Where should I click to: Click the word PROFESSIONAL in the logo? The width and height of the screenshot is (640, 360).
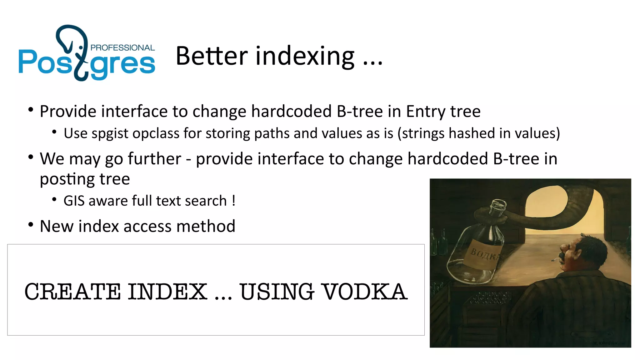point(122,48)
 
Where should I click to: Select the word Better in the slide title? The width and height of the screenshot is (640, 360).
point(212,56)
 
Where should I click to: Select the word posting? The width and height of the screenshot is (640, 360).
point(67,180)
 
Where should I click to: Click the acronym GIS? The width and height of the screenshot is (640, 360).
point(74,201)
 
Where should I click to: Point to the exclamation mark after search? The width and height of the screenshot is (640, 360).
point(234,200)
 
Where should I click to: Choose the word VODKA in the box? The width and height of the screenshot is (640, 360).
point(364,292)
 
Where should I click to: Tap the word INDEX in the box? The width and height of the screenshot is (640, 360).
point(167,292)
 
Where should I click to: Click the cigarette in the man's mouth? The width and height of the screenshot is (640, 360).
point(555,259)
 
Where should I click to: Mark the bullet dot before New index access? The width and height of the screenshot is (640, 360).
point(31,225)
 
